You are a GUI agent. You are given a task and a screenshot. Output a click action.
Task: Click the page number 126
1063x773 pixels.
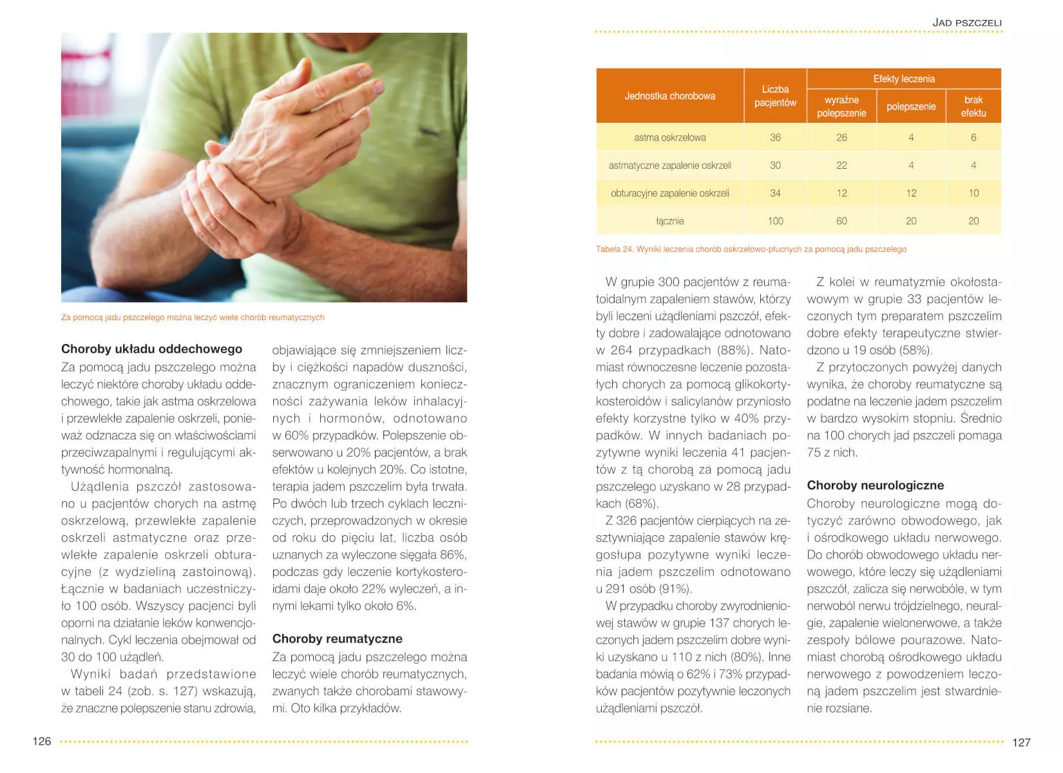[42, 741]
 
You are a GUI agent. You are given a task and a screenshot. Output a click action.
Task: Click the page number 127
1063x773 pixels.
[1021, 743]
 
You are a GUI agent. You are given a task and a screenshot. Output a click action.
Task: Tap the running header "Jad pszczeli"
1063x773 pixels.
[967, 23]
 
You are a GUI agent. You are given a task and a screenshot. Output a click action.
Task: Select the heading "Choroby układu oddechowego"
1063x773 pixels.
[151, 349]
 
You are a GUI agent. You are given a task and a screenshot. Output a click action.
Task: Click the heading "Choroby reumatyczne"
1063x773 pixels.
[337, 639]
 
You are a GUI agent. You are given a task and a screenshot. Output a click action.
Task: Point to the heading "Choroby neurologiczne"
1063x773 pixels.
[875, 486]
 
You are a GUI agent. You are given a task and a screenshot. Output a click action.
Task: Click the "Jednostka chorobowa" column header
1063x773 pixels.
[669, 96]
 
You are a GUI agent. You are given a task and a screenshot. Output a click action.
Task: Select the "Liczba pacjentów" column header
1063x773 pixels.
[775, 96]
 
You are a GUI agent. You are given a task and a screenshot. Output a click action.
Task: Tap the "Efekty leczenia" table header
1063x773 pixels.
[903, 79]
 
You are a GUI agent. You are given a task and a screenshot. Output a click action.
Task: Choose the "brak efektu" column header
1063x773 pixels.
[973, 106]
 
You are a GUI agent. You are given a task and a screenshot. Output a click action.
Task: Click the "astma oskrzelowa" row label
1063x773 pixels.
[669, 138]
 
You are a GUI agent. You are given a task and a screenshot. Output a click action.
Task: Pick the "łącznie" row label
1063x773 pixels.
[669, 221]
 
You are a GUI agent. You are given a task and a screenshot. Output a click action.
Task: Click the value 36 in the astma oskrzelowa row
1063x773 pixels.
[775, 138]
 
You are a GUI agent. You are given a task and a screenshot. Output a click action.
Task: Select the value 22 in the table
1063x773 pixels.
[841, 166]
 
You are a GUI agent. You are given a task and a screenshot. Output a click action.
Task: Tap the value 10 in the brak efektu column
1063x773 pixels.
[973, 193]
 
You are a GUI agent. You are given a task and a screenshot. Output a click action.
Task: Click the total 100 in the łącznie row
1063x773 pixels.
[775, 221]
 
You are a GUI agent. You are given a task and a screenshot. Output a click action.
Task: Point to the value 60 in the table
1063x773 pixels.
[841, 221]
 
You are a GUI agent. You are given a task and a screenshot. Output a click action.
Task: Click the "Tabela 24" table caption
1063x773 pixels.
[751, 249]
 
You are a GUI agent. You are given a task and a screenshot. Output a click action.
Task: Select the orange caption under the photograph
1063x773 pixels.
[193, 318]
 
